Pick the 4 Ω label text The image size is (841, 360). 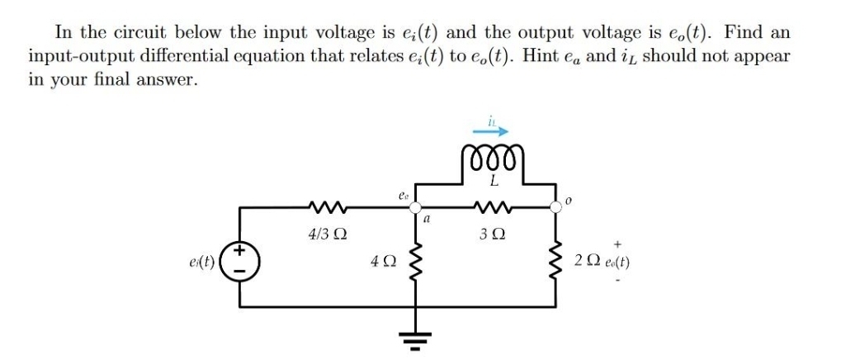381,263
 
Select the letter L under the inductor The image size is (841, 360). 492,180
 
